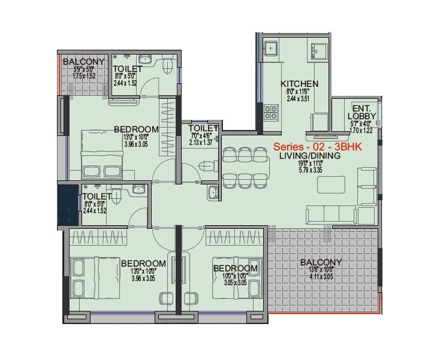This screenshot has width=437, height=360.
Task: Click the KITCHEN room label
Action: click(299, 84)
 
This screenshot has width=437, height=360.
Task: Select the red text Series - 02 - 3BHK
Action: click(315, 146)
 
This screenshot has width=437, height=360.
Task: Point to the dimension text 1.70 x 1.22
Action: click(361, 129)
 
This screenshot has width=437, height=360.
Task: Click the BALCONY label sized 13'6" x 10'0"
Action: click(321, 262)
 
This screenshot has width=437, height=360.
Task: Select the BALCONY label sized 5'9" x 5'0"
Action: click(83, 62)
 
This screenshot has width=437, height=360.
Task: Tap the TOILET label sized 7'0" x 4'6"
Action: click(202, 128)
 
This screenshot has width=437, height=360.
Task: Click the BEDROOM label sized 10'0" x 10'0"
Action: click(236, 268)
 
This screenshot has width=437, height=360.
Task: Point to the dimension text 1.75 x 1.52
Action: click(83, 77)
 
